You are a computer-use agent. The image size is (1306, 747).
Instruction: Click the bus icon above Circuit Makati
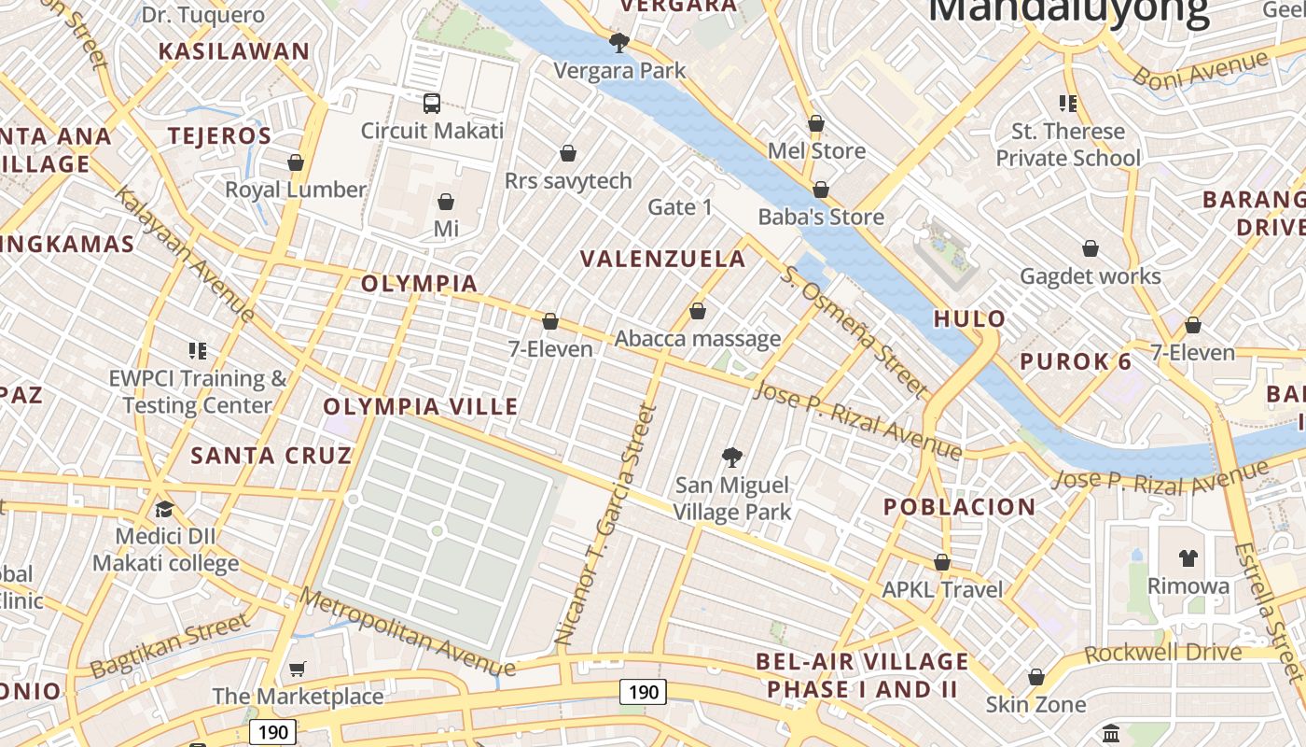[431, 103]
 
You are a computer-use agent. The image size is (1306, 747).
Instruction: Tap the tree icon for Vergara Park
[618, 42]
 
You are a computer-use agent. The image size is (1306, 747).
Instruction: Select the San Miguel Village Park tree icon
[732, 458]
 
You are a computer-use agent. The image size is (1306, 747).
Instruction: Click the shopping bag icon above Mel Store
[816, 123]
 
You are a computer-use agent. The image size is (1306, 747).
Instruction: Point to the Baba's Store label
[821, 217]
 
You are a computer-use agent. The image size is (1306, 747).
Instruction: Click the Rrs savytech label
[568, 180]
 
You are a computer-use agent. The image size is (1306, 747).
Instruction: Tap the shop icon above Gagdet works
[1090, 248]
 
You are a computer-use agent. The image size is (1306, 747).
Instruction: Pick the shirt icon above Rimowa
[1188, 558]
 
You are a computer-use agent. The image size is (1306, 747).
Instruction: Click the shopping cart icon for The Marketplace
[297, 669]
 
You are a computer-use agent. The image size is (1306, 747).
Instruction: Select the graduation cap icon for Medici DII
[165, 509]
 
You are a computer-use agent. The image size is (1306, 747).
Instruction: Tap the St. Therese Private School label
[1068, 145]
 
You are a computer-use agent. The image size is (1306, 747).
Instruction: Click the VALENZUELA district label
[663, 259]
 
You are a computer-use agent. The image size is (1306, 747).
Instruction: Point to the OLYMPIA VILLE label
[421, 406]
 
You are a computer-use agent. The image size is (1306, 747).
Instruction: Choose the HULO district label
[970, 318]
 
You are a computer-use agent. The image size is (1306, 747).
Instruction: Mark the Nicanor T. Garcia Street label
[606, 525]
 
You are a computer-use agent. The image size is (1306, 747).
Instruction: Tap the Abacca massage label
[698, 339]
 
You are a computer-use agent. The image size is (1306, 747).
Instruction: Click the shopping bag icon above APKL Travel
[942, 562]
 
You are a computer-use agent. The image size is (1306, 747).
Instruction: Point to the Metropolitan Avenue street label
[408, 632]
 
